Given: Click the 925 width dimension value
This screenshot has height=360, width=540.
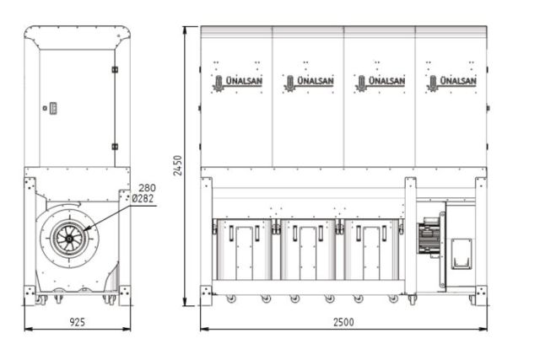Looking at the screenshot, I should click(77, 321).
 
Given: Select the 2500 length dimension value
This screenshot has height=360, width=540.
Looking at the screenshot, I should click(343, 322).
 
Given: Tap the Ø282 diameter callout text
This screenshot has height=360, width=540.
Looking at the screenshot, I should click(144, 198).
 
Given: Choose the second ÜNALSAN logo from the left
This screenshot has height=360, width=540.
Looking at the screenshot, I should click(309, 82).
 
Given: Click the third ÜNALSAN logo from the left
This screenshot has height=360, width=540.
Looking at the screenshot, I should click(381, 82).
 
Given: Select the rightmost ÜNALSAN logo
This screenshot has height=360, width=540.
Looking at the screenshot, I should click(452, 82).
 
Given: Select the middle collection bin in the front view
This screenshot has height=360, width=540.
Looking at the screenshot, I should click(309, 250).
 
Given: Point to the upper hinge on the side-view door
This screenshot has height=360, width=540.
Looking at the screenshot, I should click(115, 69).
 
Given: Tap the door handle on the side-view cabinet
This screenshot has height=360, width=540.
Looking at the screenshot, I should click(52, 108).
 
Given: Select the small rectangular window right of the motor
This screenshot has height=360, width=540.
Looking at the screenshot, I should click(460, 252).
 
